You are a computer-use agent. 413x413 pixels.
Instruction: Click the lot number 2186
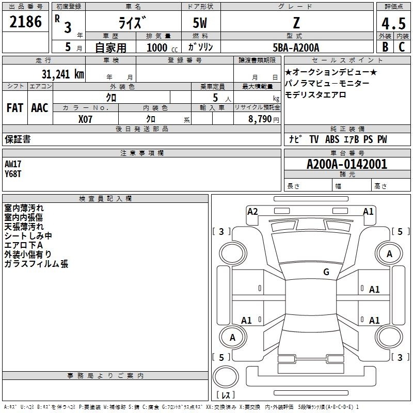(26, 22)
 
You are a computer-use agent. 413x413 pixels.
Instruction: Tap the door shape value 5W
(200, 22)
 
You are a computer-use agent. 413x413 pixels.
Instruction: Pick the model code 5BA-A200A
(296, 47)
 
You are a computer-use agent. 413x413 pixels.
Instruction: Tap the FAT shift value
(14, 108)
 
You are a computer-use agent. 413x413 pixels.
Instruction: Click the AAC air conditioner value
(39, 108)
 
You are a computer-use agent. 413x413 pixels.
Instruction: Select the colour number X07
(85, 119)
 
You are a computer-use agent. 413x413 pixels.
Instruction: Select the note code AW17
(13, 164)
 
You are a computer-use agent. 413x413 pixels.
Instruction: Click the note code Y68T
(13, 173)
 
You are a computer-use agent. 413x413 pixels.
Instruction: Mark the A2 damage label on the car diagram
(252, 212)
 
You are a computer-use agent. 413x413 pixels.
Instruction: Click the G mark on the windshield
(326, 272)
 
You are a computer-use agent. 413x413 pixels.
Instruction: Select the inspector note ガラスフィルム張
(36, 264)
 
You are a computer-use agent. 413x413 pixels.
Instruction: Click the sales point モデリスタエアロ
(315, 95)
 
